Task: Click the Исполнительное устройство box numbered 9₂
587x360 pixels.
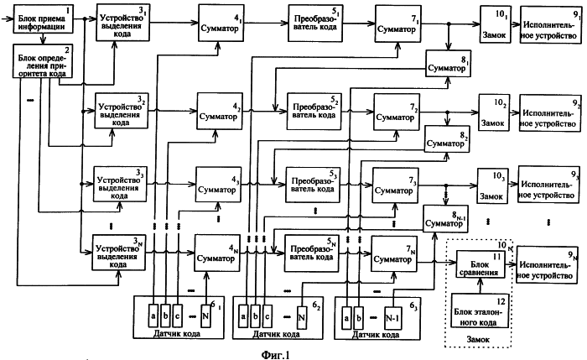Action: click(x=548, y=111)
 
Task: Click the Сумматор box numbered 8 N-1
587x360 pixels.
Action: click(x=445, y=219)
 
